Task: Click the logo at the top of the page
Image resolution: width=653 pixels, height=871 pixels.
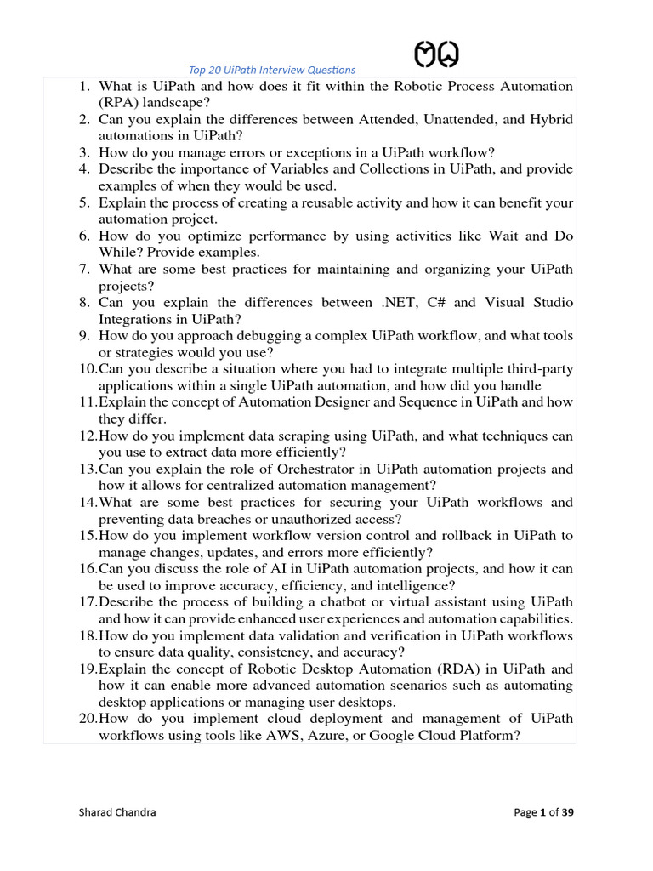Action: [x=437, y=55]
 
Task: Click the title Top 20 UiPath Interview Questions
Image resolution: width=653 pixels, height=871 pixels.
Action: [x=270, y=70]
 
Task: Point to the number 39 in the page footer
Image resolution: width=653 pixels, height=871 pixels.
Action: [x=567, y=812]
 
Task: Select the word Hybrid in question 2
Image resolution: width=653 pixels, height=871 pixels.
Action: [x=552, y=119]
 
